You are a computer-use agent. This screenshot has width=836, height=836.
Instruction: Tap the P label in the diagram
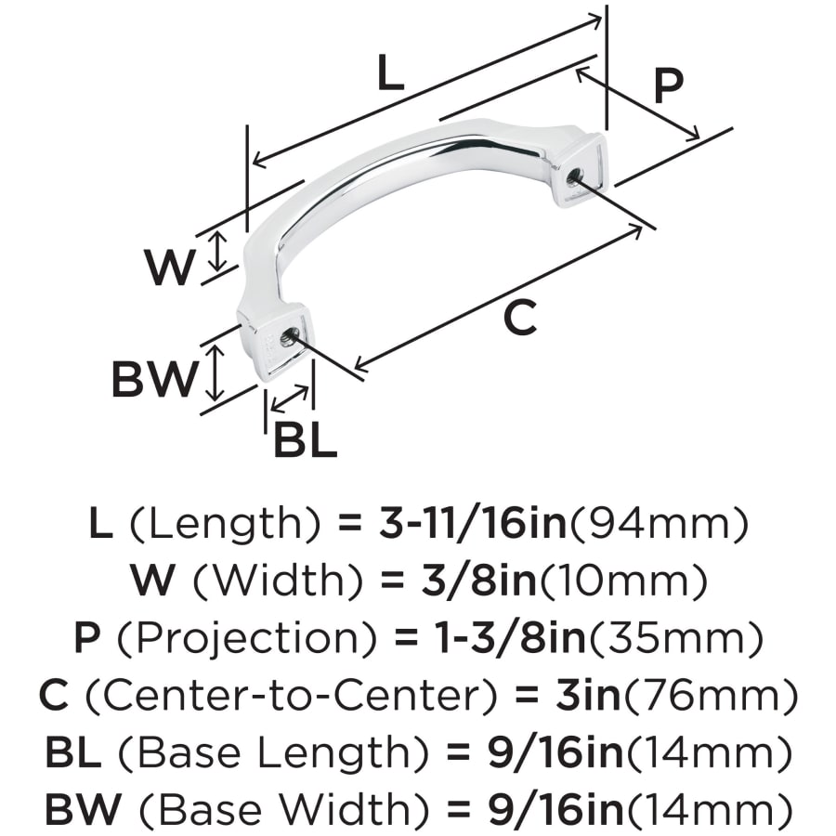pos(668,85)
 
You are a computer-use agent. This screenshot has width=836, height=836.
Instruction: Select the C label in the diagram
pos(520,318)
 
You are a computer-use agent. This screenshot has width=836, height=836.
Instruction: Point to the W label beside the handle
pos(168,267)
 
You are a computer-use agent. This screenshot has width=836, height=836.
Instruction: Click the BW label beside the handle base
pos(154,379)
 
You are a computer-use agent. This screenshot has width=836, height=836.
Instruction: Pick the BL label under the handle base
pos(305,439)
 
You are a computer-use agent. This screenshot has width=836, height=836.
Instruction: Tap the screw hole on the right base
pos(574,175)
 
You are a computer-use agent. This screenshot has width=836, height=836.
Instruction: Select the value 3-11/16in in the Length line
pos(473,523)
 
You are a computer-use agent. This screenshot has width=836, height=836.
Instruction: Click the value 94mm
pos(660,525)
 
